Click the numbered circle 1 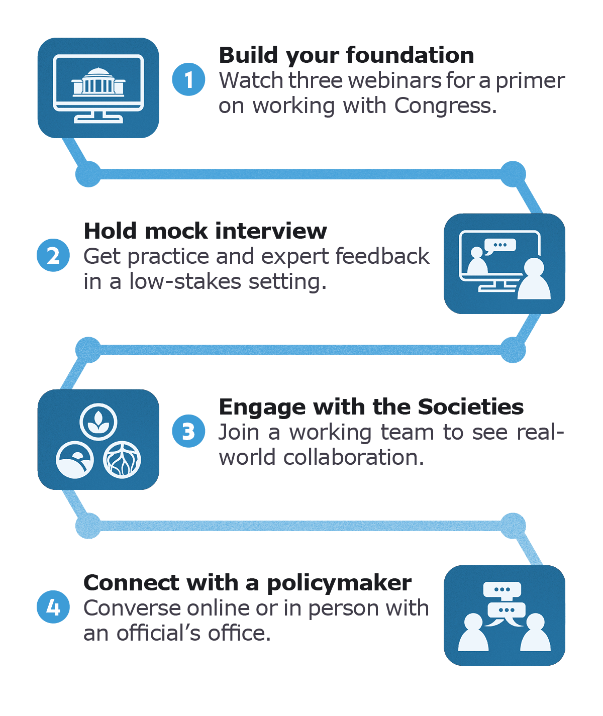tap(188, 79)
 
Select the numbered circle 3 tap(188, 431)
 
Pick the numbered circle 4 tap(53, 607)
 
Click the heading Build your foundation tap(346, 55)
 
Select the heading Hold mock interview tap(205, 231)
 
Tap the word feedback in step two tap(382, 256)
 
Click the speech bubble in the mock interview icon tap(500, 246)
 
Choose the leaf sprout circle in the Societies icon tap(98, 422)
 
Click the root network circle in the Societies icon tap(122, 460)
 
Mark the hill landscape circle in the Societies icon tap(75, 460)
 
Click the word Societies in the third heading tap(470, 406)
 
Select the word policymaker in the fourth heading tap(339, 583)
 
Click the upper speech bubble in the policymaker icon tap(501, 589)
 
